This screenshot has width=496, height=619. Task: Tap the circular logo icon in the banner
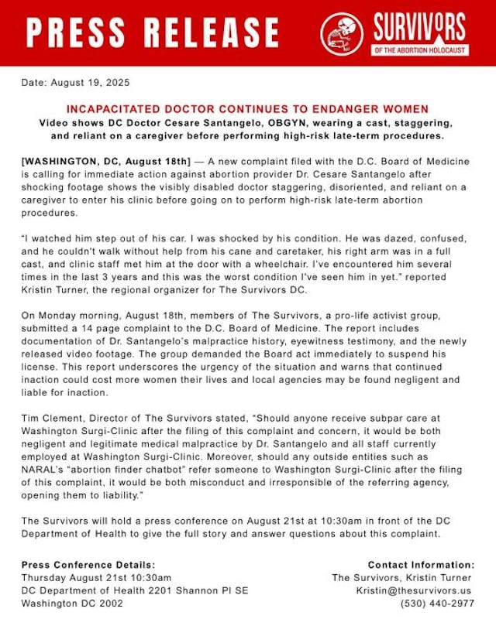tap(342, 33)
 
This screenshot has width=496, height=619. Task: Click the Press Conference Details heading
tap(88, 565)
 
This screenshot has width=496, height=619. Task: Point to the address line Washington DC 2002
tap(72, 603)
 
